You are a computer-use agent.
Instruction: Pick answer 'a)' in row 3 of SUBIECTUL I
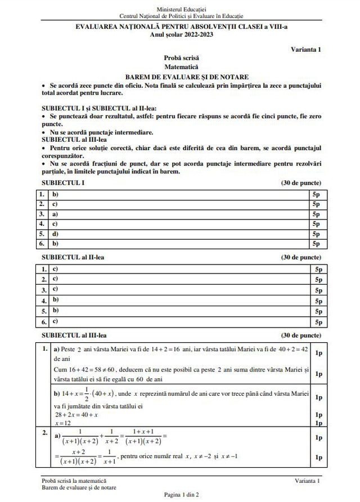[55, 214]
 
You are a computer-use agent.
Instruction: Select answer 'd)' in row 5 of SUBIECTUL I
[55, 234]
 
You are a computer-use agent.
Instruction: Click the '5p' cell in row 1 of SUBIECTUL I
[316, 194]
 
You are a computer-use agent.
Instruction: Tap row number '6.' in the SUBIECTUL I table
[42, 243]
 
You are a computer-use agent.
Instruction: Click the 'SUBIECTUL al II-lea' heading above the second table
[73, 257]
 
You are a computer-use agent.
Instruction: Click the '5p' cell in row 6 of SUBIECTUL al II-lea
[318, 322]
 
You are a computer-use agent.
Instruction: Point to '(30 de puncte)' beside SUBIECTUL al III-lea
[301, 335]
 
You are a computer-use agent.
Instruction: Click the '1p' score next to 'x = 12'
[318, 423]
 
